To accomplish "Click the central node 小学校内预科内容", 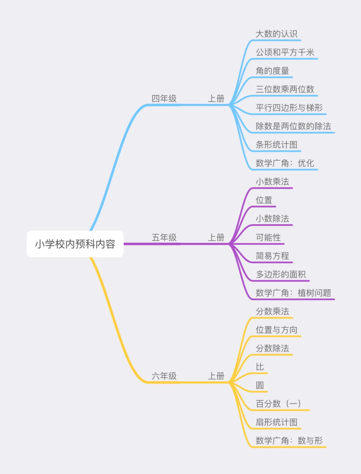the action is tap(75, 244).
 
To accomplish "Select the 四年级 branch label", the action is tap(164, 99).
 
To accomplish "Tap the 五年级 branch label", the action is tap(164, 238).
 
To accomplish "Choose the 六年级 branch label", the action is tap(164, 376).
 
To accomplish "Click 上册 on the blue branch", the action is tap(216, 99).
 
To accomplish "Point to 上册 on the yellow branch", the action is tap(216, 376).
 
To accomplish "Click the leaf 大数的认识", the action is tap(276, 34).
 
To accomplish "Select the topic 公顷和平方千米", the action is tap(285, 52).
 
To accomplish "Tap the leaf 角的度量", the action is tap(272, 71).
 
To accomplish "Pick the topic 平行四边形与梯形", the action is tap(289, 108).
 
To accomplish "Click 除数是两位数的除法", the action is tap(293, 126).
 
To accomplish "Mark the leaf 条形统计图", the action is tap(276, 145).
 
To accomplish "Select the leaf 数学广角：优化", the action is tap(285, 163).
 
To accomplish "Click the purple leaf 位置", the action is tap(264, 200).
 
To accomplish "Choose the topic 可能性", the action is tap(268, 237).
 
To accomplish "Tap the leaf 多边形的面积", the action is tap(281, 274).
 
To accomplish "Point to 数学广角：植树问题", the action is tap(293, 293).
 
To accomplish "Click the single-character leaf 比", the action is tap(260, 367).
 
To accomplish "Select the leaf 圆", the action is tap(260, 385).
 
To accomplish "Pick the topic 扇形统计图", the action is tap(276, 422).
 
